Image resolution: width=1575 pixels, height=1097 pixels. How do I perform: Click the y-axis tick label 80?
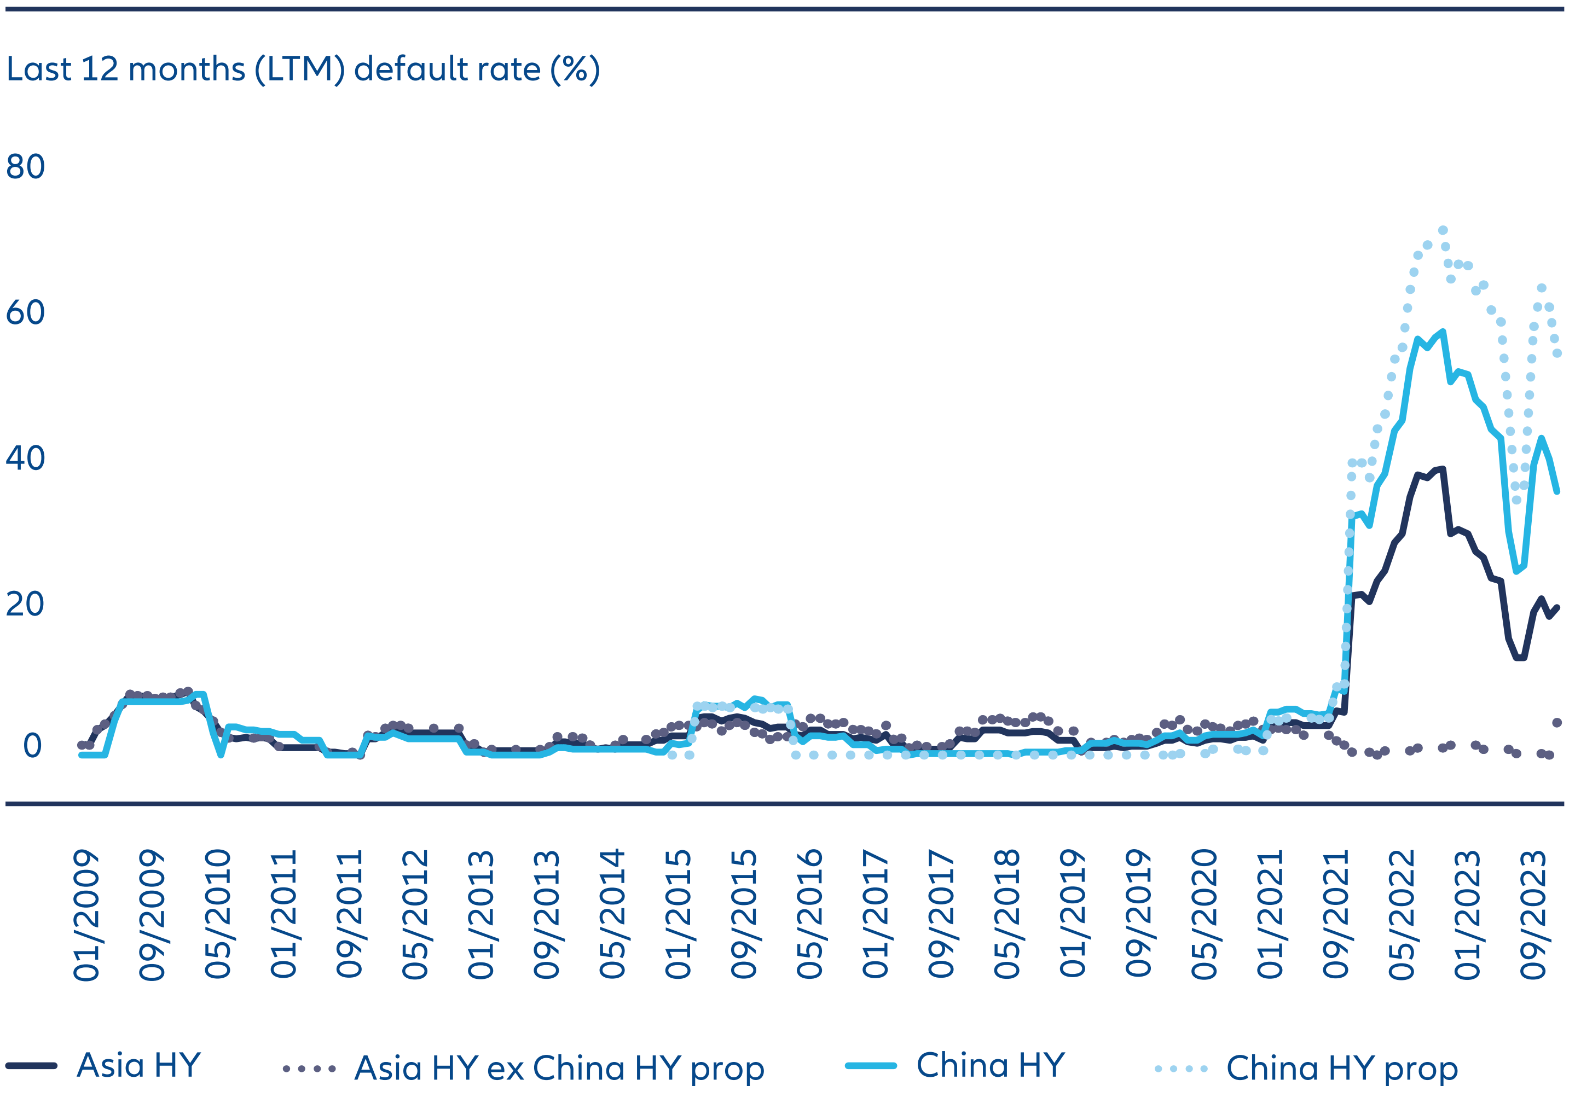[x=25, y=167]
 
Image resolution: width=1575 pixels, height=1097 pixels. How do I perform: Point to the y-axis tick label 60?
[x=25, y=312]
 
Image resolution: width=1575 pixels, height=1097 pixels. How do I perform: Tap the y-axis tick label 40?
[x=25, y=458]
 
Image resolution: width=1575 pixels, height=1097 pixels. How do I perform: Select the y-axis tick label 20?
[x=25, y=604]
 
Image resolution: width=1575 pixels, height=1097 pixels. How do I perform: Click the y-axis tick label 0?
[x=32, y=746]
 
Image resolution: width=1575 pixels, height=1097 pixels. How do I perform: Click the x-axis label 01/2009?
[x=86, y=915]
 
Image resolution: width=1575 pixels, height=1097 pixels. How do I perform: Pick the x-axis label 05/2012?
[x=415, y=915]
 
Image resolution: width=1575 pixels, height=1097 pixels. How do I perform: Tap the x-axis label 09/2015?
[x=744, y=915]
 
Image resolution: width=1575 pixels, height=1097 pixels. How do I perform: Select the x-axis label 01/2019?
[x=1072, y=915]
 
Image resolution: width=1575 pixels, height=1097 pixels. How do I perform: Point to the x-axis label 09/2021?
[x=1336, y=915]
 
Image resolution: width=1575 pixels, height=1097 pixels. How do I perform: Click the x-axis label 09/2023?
[x=1533, y=915]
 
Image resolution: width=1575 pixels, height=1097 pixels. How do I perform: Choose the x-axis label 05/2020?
[x=1204, y=915]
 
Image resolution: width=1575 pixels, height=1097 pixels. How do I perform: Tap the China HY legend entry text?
[x=991, y=1065]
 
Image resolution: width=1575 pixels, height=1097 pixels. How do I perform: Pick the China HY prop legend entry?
[x=1342, y=1067]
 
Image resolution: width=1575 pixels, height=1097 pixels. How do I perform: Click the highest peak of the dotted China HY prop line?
[x=1443, y=230]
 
